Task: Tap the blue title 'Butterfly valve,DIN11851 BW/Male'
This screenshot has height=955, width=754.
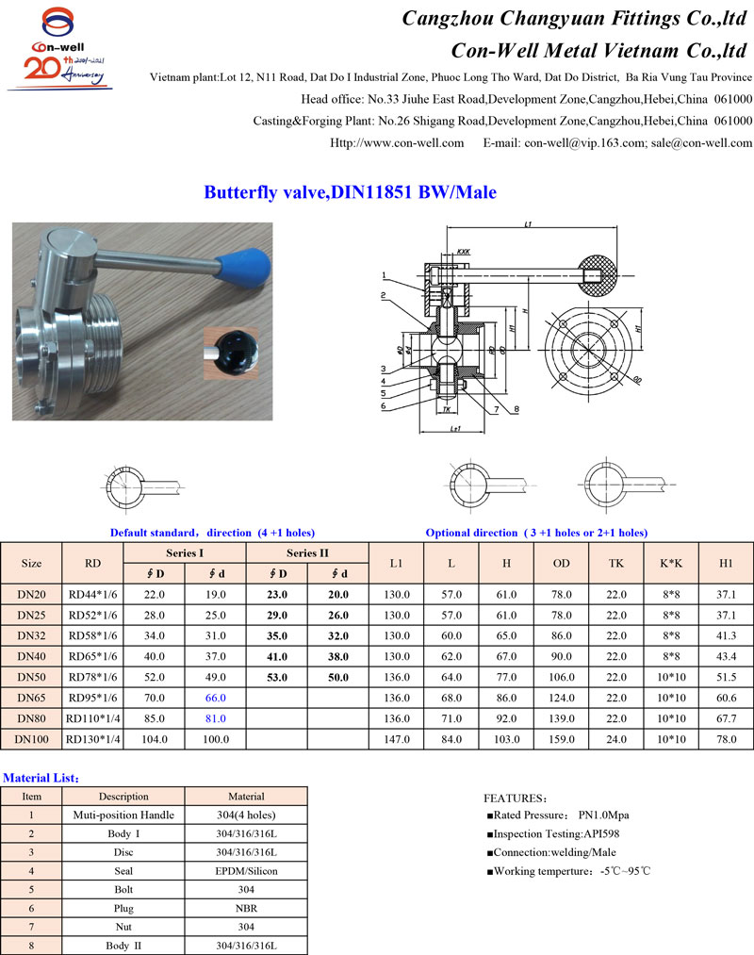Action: (x=350, y=192)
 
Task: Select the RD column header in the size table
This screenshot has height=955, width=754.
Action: (x=92, y=563)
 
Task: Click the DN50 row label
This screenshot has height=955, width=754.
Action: (x=31, y=677)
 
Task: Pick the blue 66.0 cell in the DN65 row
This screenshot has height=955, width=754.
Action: (x=216, y=698)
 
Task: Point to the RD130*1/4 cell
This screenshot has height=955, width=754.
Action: (x=92, y=739)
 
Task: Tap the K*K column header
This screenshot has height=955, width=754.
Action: (x=671, y=563)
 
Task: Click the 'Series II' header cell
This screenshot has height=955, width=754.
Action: (x=307, y=552)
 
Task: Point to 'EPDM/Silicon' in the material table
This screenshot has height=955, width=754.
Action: (x=246, y=871)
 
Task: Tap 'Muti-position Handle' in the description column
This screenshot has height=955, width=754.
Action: (x=123, y=815)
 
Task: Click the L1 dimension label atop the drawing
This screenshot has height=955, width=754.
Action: (x=528, y=224)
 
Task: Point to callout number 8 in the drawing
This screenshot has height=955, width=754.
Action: (x=517, y=409)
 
